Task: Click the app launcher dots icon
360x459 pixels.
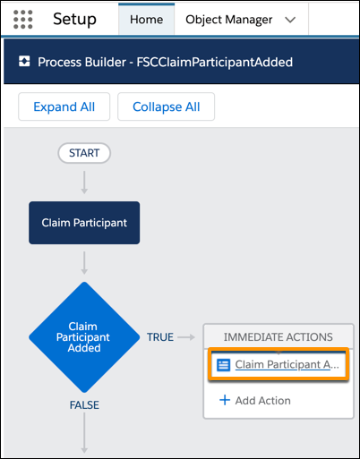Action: (x=23, y=20)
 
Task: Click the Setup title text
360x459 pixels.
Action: (x=74, y=20)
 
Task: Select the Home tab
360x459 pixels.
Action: (x=146, y=20)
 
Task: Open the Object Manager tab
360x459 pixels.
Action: (x=228, y=20)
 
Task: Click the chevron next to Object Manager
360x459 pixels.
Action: (x=290, y=20)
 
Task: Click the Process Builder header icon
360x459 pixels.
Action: (x=24, y=61)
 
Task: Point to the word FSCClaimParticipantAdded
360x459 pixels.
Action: (x=215, y=62)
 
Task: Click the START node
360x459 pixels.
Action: (x=84, y=153)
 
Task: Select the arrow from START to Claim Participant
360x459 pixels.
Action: (x=84, y=183)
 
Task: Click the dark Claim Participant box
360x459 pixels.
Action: (x=84, y=223)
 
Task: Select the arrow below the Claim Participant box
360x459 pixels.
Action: (x=84, y=263)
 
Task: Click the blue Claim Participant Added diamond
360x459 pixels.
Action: (x=84, y=337)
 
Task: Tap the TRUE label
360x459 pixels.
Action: (x=160, y=337)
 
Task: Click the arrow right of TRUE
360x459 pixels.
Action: (x=186, y=337)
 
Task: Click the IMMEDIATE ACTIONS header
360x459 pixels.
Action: (x=279, y=336)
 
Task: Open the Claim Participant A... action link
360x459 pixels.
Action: (x=287, y=364)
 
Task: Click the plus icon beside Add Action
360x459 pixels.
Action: (x=225, y=400)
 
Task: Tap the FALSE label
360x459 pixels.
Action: (x=84, y=405)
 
